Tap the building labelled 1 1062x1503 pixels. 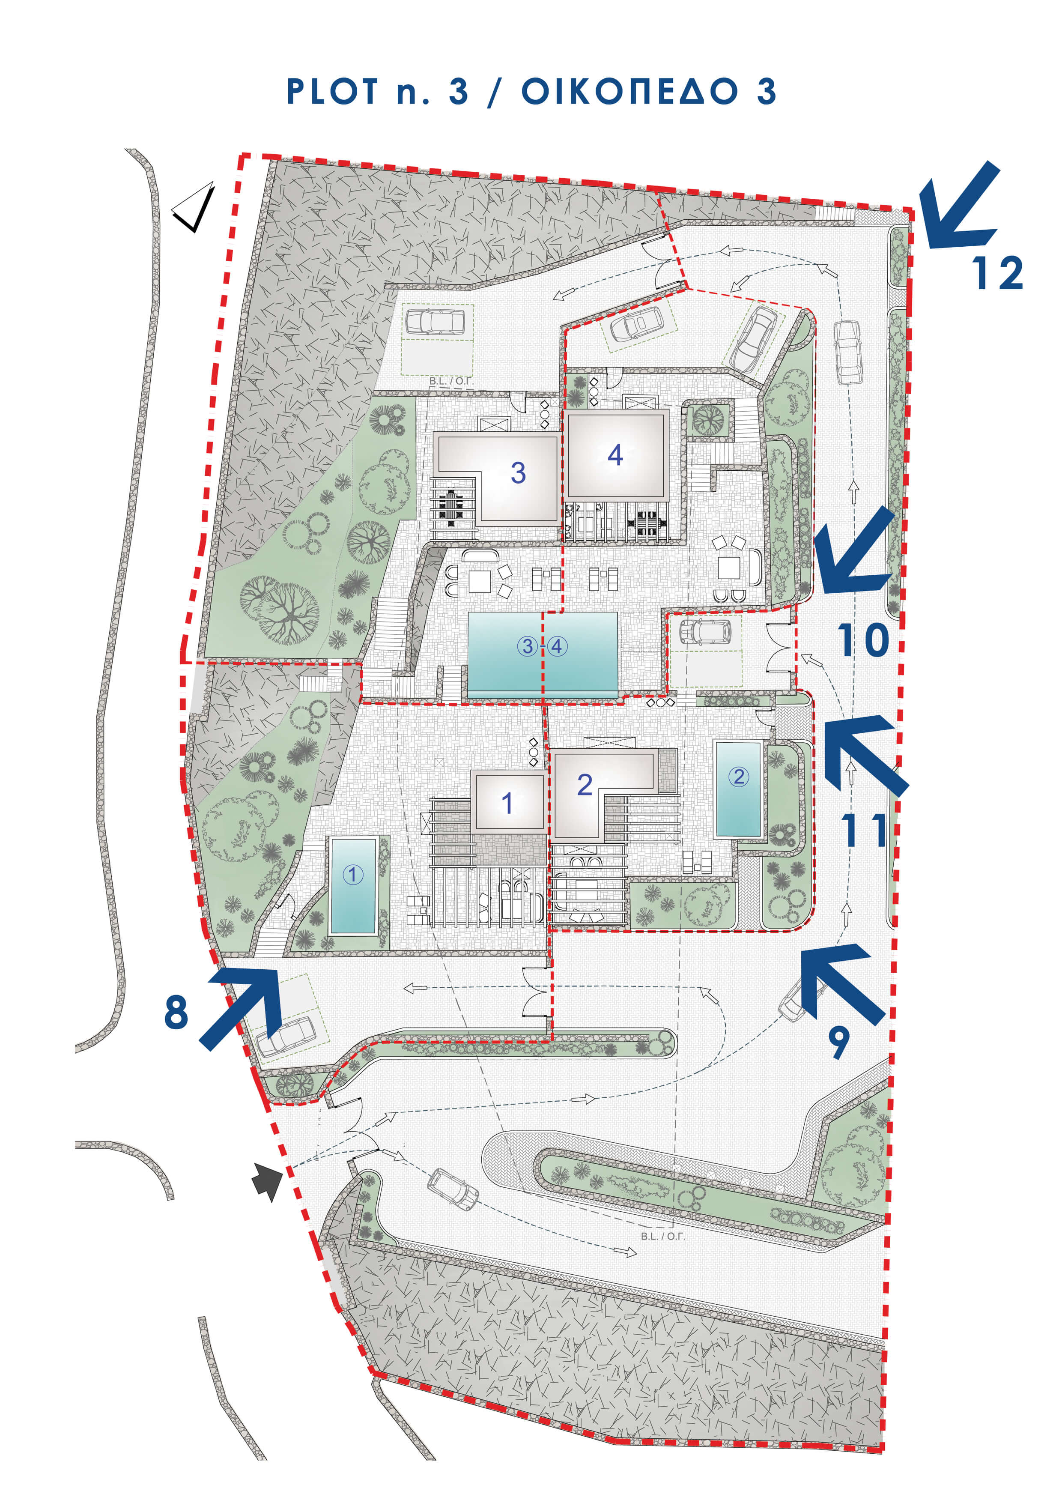(x=508, y=801)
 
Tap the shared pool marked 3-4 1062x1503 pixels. (x=543, y=651)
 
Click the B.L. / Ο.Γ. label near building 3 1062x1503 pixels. (x=451, y=381)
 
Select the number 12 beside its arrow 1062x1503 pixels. (x=997, y=273)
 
